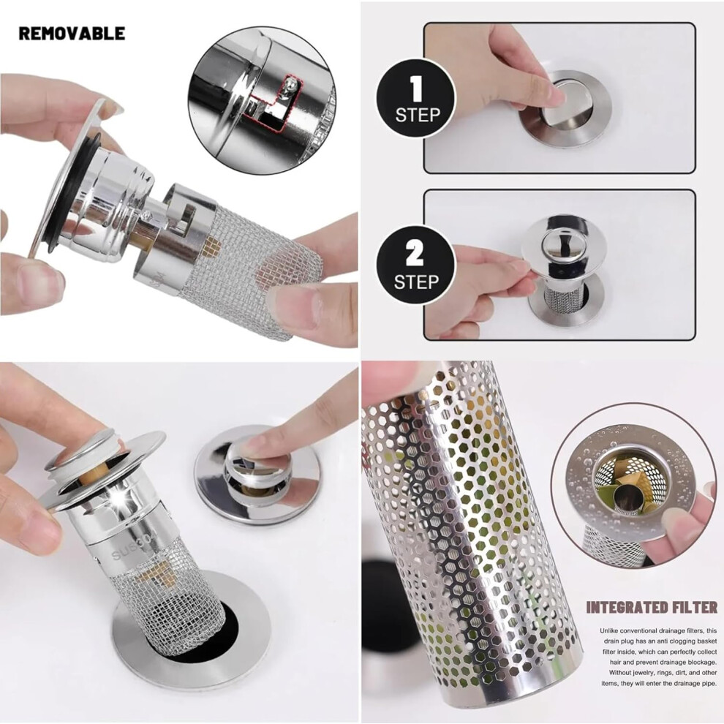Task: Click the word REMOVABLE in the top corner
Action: tap(72, 33)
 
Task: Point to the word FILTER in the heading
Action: tap(695, 608)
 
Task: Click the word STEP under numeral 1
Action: tap(418, 115)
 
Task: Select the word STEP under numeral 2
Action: tap(415, 282)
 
